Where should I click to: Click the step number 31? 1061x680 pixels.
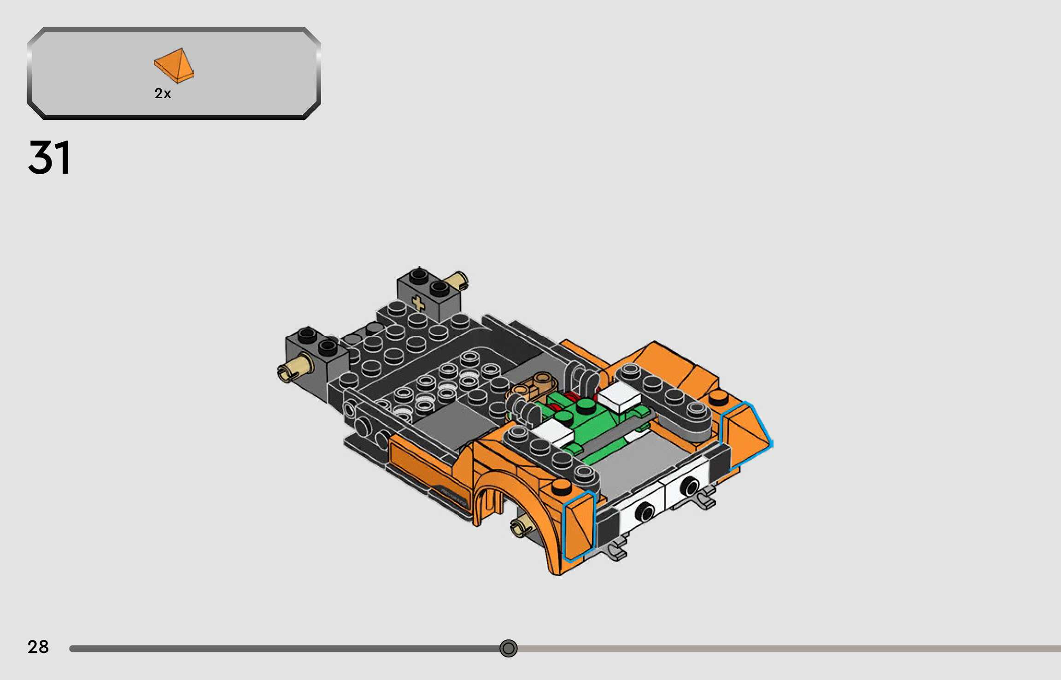49,158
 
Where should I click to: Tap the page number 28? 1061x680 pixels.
38,647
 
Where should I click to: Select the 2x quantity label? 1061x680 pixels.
163,94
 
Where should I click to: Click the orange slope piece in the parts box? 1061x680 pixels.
174,65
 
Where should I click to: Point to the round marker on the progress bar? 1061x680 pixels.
508,649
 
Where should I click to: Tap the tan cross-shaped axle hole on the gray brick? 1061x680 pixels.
418,303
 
